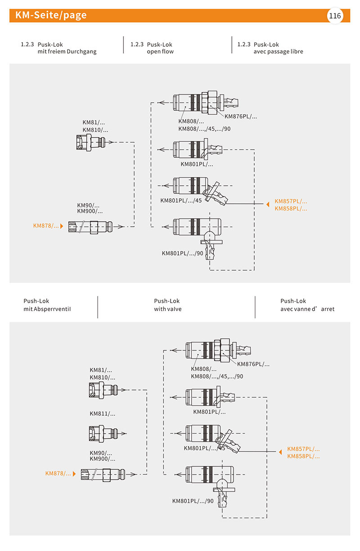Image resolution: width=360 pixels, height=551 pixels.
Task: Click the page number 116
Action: (335, 16)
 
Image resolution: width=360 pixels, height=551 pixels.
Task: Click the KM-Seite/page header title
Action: (51, 15)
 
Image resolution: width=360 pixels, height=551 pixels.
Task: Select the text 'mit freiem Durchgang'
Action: (67, 52)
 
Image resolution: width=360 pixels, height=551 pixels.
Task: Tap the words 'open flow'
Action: (160, 52)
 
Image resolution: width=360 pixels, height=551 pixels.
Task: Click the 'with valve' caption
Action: (168, 309)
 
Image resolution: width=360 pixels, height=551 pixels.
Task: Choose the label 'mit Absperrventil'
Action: (47, 309)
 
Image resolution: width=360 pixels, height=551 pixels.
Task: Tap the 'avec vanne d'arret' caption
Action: (307, 309)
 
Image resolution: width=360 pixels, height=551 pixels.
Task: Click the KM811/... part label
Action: (102, 413)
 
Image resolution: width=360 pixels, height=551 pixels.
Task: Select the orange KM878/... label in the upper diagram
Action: (46, 226)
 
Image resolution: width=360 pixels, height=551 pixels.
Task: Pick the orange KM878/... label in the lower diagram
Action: (58, 473)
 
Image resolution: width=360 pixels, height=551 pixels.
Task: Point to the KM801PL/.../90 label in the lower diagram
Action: (193, 501)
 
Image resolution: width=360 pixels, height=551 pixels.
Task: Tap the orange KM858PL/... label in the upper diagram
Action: (291, 208)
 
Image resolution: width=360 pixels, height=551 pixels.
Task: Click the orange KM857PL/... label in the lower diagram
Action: (303, 449)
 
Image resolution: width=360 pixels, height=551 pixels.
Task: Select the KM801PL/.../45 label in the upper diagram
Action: (181, 201)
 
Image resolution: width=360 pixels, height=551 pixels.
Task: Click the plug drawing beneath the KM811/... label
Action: (107, 434)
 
